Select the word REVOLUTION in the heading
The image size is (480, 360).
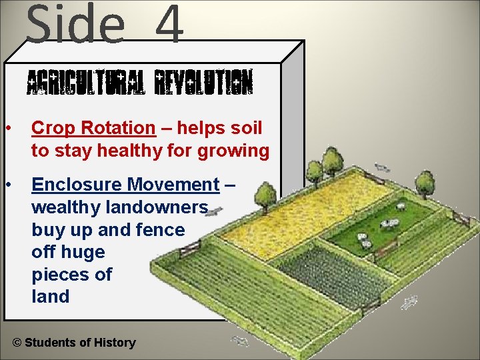[203, 85]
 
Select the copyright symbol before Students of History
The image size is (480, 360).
[17, 343]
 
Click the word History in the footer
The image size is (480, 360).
[115, 343]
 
